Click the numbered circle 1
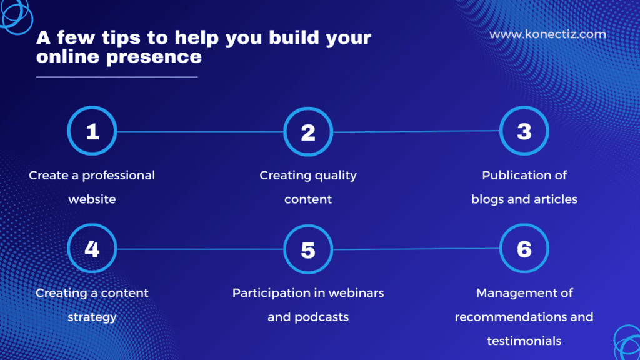pos(92,132)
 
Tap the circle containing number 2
pos(307,132)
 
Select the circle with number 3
pos(524,131)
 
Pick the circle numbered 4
pos(92,249)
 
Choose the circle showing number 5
pos(307,249)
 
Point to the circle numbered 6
pos(524,248)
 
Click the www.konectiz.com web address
pos(547,34)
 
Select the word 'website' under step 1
pos(92,200)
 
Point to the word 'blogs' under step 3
pos(487,200)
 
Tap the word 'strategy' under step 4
pos(92,317)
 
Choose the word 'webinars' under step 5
pos(355,293)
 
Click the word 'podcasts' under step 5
pos(321,317)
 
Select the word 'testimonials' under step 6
pos(524,341)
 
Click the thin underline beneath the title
pos(117,77)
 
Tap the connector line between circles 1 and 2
pos(200,132)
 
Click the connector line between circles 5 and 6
pos(416,249)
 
